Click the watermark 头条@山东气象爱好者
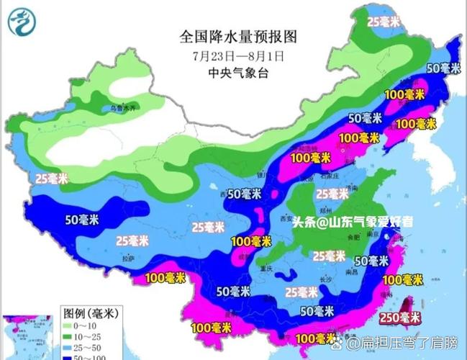pyautogui.click(x=353, y=222)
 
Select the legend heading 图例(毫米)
pyautogui.click(x=89, y=313)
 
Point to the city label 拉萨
pyautogui.click(x=128, y=257)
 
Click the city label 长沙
pyautogui.click(x=325, y=279)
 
